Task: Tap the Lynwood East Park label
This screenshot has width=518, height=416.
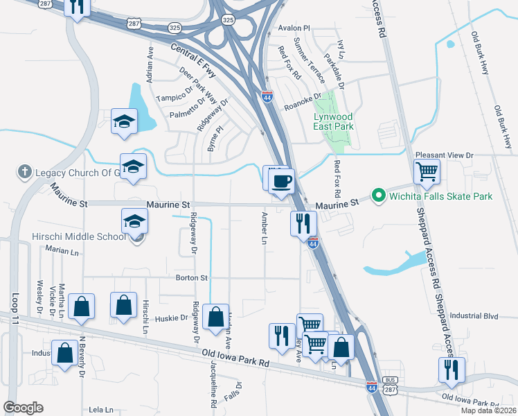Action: pos(333,121)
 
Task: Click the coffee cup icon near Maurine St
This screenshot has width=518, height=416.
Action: pos(281,182)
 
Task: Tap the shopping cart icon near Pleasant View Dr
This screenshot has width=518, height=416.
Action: pos(427,171)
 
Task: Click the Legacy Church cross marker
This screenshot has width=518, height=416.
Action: pos(24,171)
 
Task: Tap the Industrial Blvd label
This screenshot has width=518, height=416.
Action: pos(474,315)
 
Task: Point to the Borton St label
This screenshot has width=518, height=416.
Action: pos(195,278)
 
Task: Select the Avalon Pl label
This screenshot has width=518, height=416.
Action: pos(294,28)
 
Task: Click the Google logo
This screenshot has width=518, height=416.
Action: pos(23,408)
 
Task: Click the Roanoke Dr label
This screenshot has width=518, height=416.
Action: pos(303,102)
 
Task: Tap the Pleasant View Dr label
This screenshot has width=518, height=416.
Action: pos(444,156)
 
